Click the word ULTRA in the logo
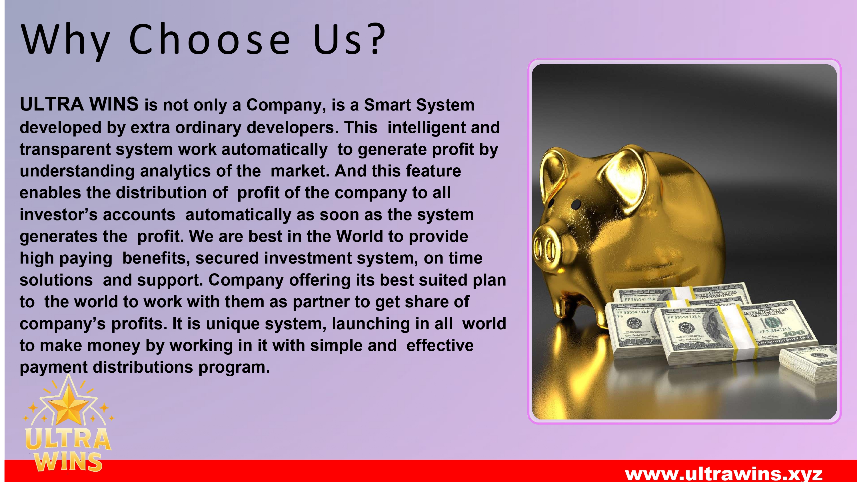coord(68,439)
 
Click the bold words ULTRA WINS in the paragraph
coord(79,104)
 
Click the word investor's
coord(59,215)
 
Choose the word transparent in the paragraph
coord(65,150)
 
